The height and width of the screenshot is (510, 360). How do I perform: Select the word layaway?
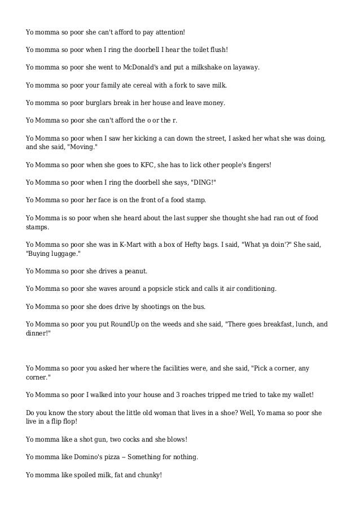click(x=243, y=67)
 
